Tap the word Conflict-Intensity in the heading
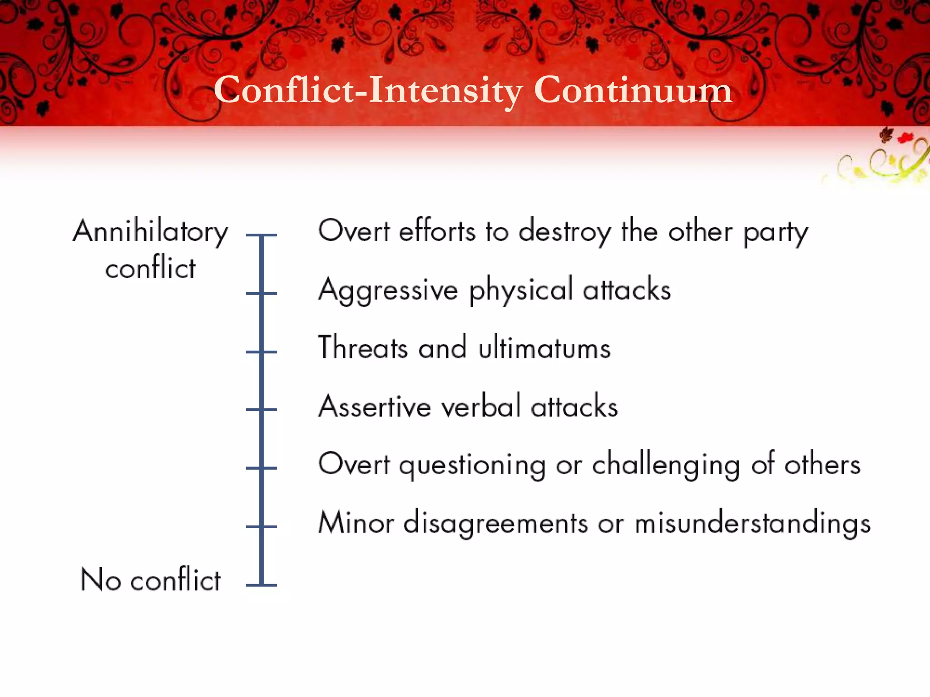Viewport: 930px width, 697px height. point(368,90)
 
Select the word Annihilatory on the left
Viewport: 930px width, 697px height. point(150,232)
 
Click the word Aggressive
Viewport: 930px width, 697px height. point(388,290)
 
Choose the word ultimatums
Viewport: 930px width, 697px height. point(544,348)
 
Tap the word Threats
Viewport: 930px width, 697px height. point(363,348)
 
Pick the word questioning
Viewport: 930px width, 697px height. point(472,466)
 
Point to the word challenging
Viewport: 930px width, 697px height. point(666,466)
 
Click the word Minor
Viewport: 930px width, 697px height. point(356,523)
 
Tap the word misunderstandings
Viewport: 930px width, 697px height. point(752,524)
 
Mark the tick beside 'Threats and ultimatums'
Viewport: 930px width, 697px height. point(262,352)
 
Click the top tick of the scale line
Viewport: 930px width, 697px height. point(262,235)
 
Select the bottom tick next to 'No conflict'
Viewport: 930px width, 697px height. point(262,585)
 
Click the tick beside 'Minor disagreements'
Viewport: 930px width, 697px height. point(262,526)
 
